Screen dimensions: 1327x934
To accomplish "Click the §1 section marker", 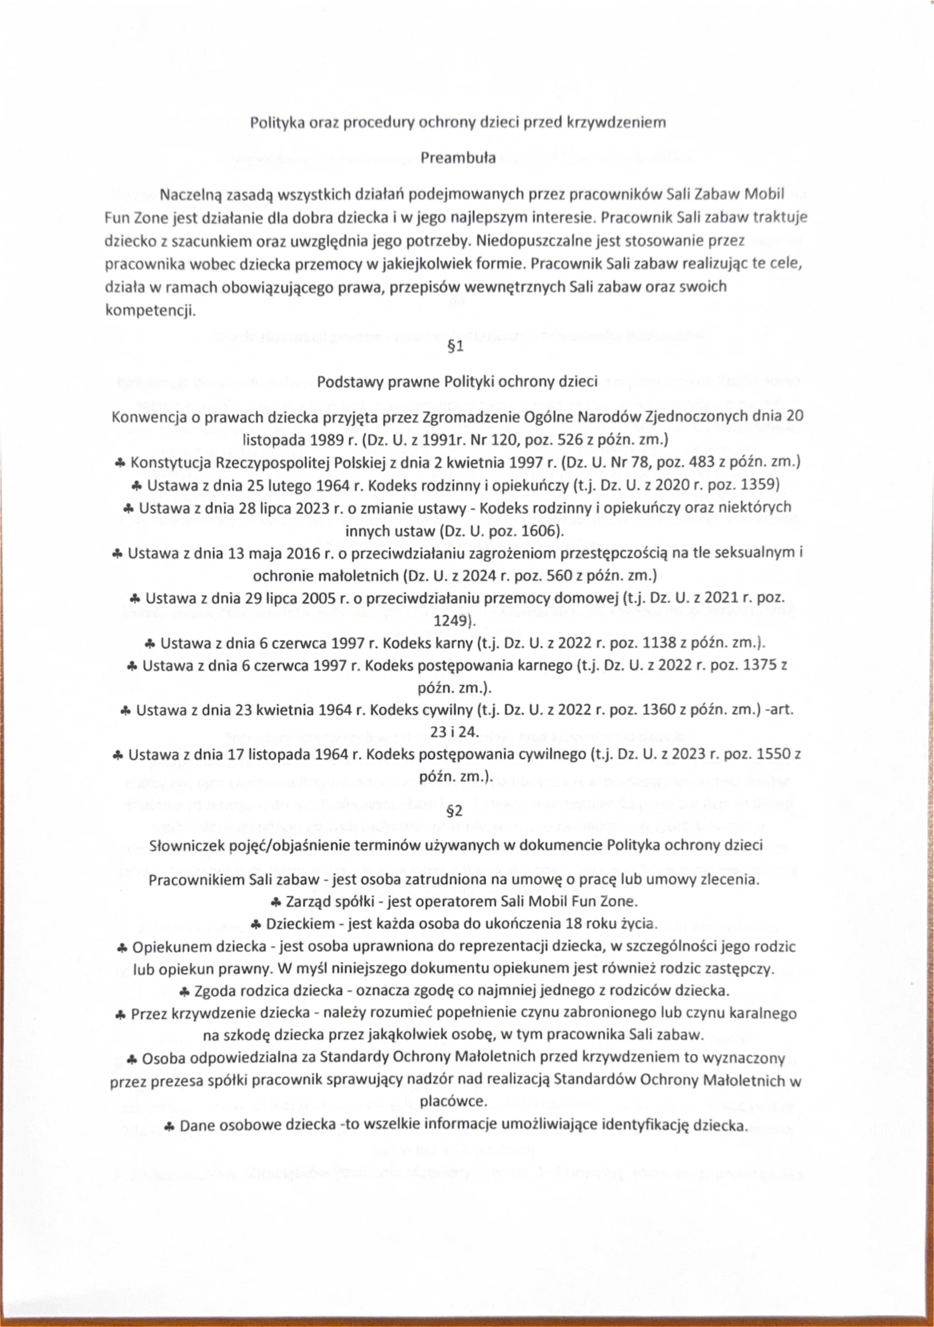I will tap(456, 348).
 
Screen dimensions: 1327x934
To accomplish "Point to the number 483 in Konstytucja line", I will tap(694, 462).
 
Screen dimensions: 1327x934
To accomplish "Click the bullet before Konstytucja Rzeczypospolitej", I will tap(119, 463).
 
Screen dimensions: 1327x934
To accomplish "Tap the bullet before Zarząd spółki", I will tap(276, 901).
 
